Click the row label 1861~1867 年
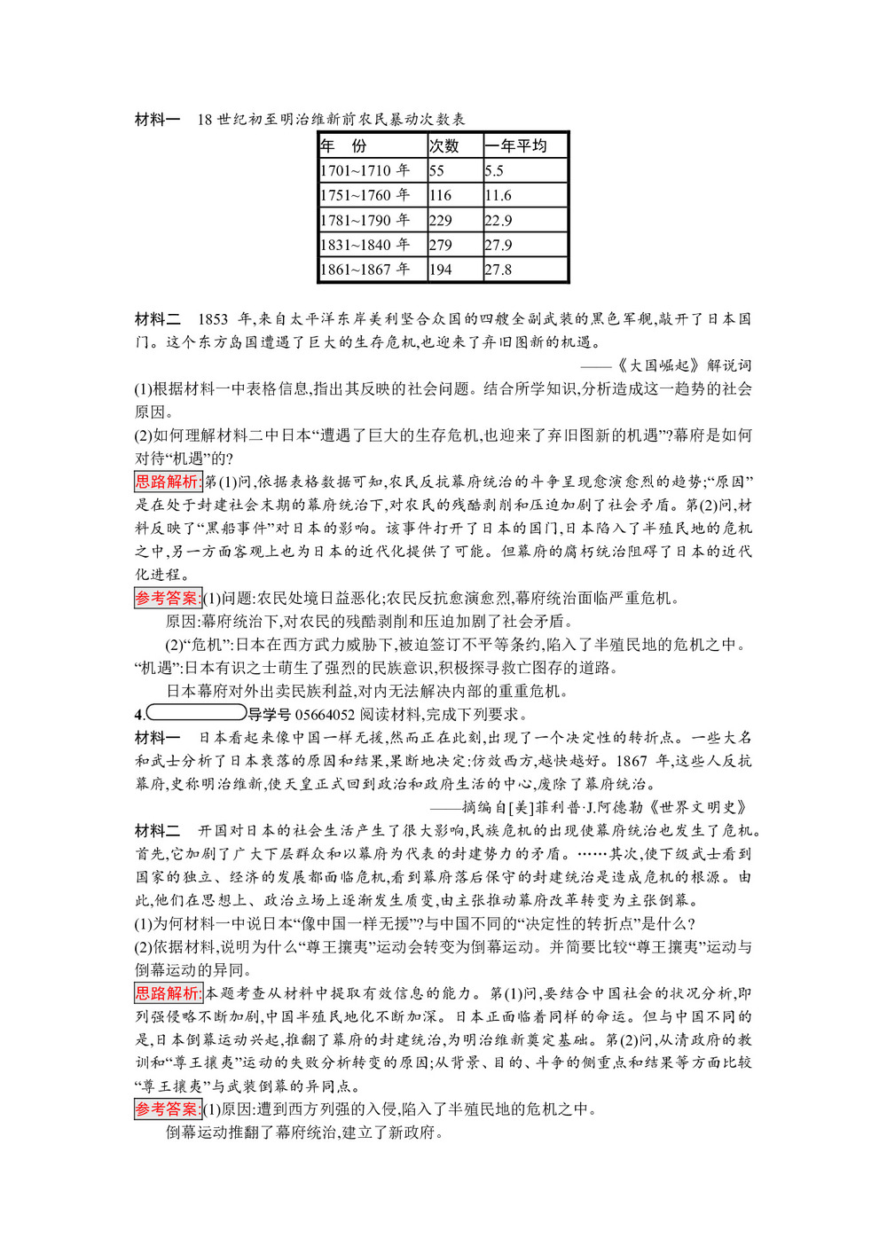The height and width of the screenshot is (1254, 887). [x=365, y=270]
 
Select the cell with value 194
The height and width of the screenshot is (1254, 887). [x=441, y=270]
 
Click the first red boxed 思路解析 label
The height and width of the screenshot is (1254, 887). [x=169, y=482]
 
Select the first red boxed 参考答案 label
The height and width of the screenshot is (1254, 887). [x=169, y=598]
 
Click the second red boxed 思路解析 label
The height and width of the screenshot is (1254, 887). [x=169, y=993]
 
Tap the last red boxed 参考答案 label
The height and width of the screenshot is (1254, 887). [x=169, y=1109]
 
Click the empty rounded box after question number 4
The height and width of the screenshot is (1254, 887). [x=196, y=713]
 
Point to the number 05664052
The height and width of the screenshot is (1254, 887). [x=325, y=714]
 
